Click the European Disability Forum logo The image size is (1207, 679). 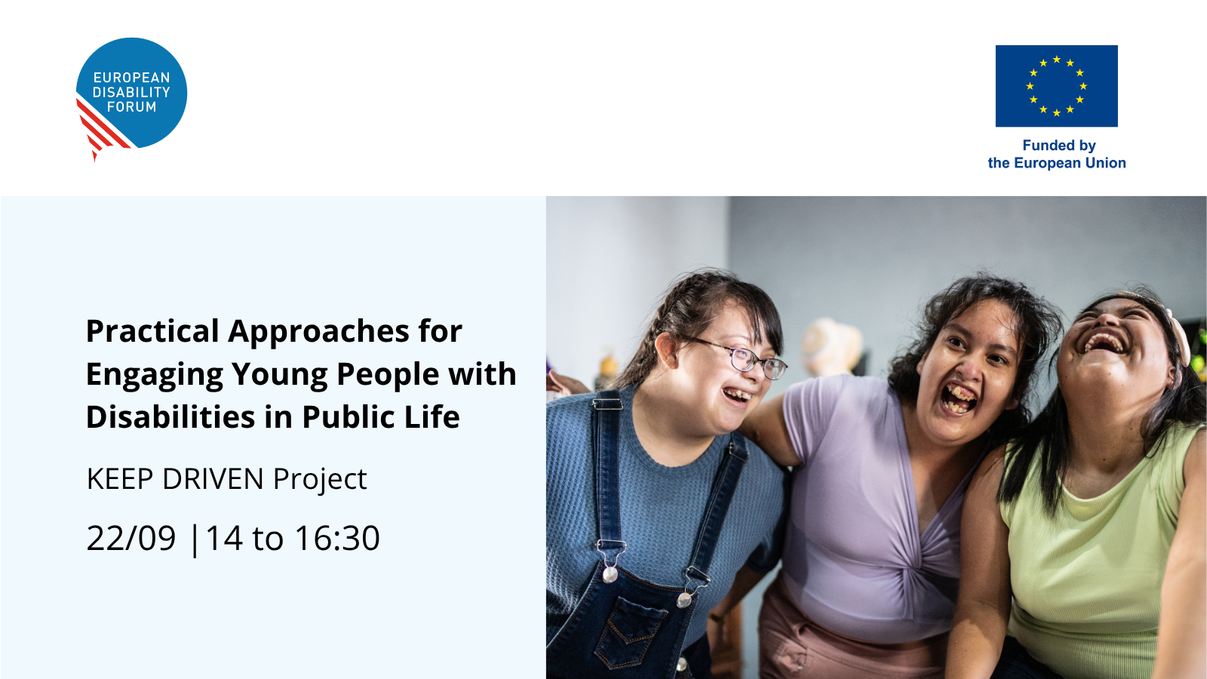point(131,97)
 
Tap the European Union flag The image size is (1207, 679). point(1056,86)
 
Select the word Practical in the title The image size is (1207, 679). point(152,331)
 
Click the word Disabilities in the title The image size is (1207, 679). point(170,417)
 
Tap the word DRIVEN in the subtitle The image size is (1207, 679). point(213,478)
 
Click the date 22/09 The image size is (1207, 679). point(131,538)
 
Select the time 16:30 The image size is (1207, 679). point(336,538)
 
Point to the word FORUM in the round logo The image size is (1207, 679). point(131,106)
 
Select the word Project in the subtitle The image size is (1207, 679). point(320,479)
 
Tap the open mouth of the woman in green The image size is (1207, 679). point(1106,343)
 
